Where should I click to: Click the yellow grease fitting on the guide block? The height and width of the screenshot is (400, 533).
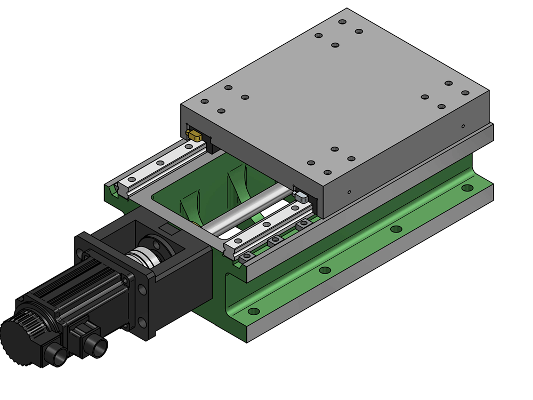click(x=194, y=135)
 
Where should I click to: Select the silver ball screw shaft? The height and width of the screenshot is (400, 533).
click(x=251, y=209)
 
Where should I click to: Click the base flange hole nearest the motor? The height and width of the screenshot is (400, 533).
click(x=254, y=311)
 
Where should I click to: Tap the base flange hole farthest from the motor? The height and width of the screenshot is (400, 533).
click(x=467, y=188)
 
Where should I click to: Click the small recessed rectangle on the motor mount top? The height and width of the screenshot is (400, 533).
click(x=169, y=230)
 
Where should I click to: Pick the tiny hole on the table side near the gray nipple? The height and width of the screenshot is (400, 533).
click(x=349, y=191)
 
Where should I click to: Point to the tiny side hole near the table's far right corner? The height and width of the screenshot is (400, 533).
click(x=463, y=126)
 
